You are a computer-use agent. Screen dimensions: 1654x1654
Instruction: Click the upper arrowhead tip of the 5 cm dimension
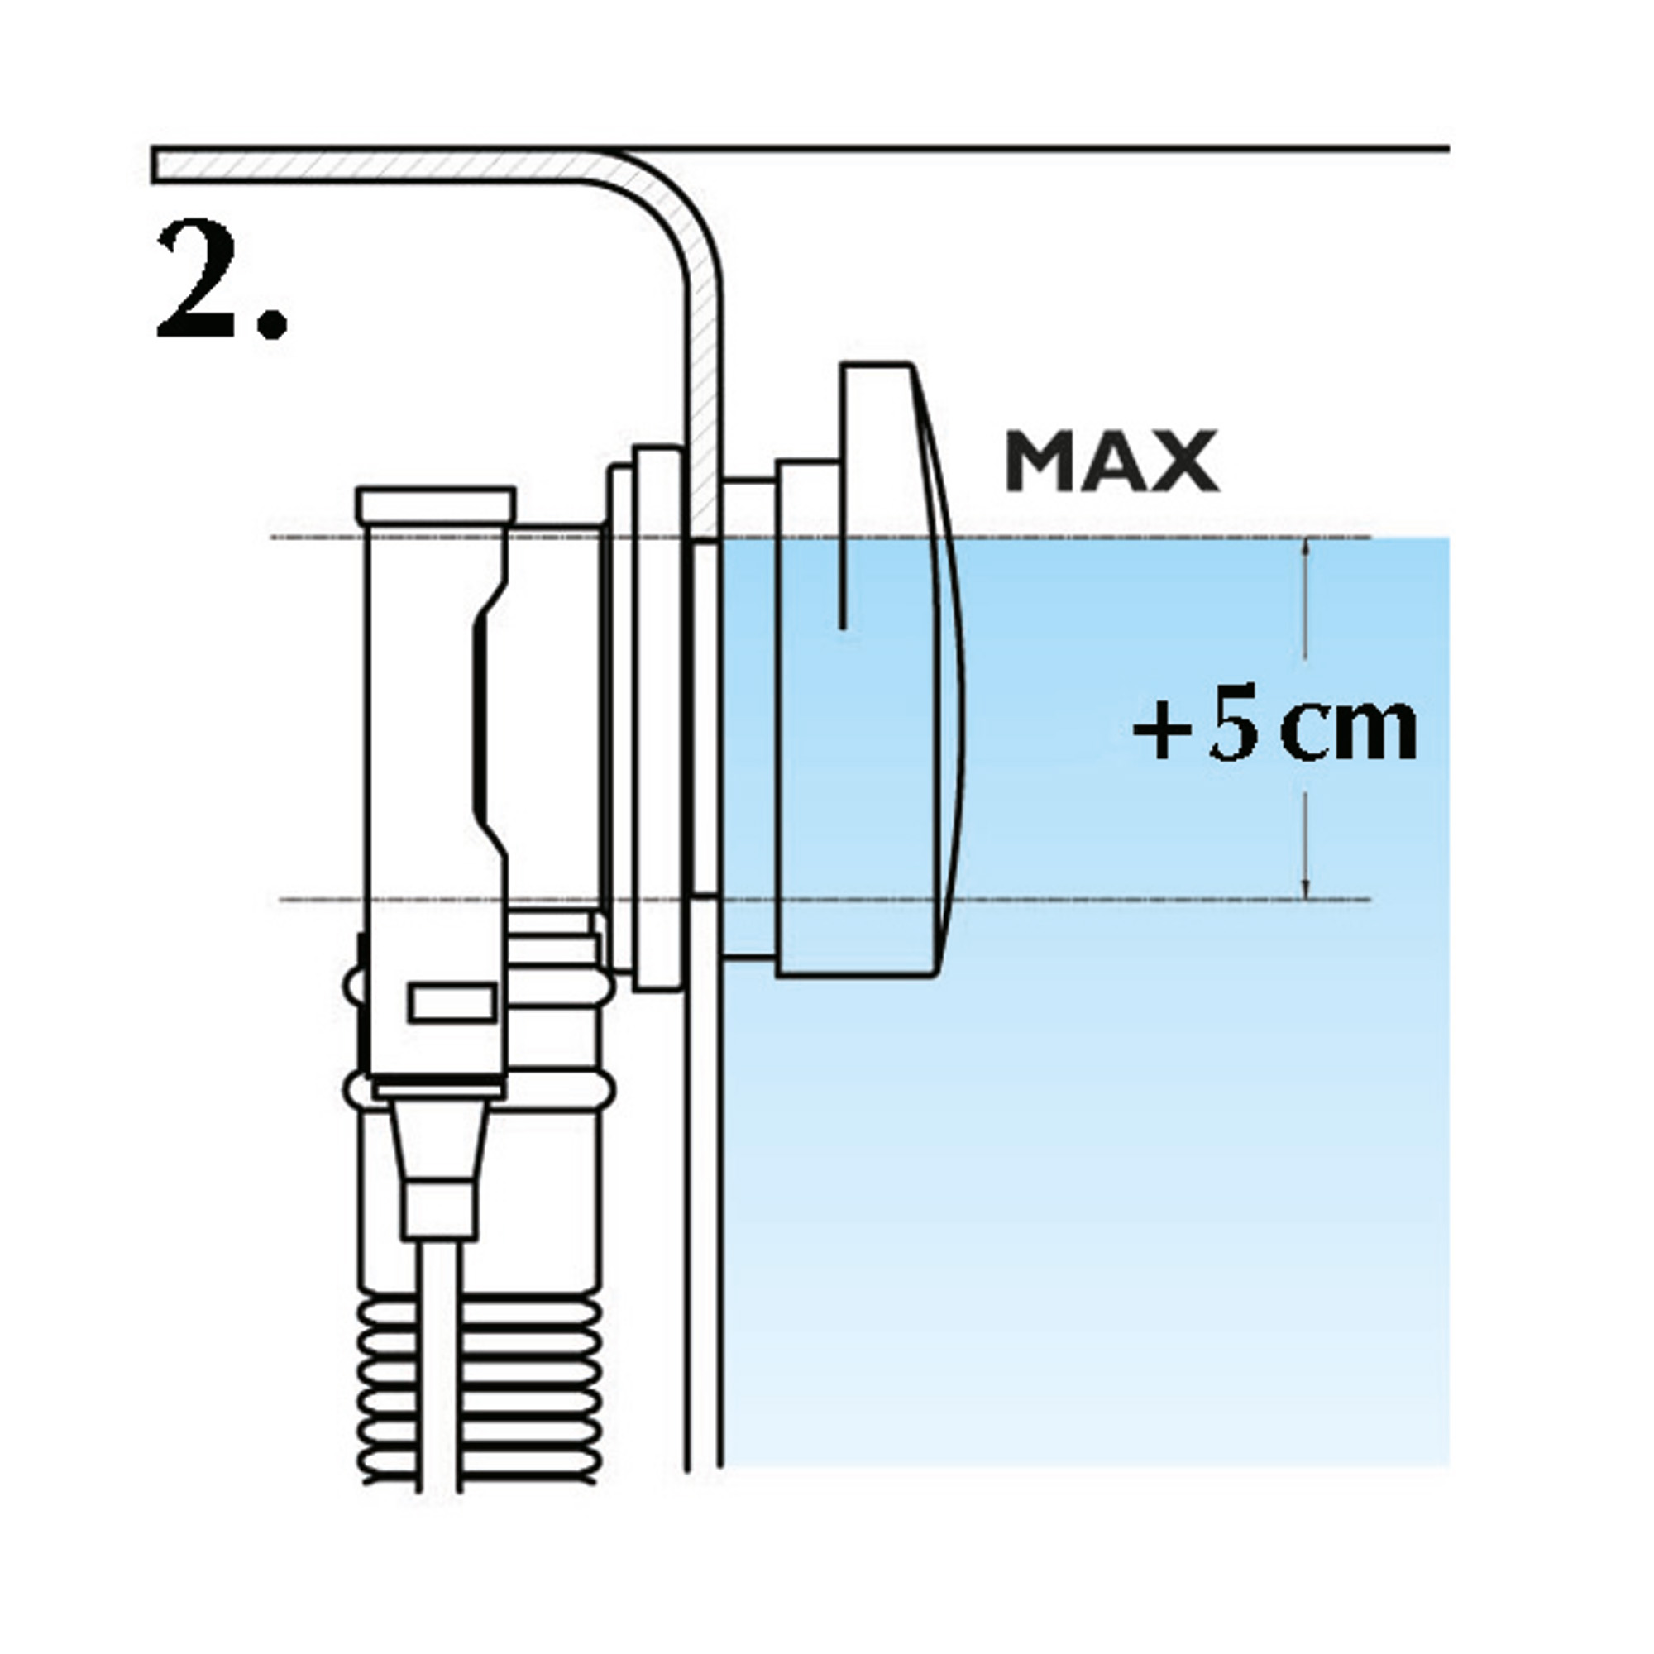1305,539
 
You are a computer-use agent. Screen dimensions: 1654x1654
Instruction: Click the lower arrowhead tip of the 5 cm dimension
1305,899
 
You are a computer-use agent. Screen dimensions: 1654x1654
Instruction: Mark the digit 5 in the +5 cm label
1234,730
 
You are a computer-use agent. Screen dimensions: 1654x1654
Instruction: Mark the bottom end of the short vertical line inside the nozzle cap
844,629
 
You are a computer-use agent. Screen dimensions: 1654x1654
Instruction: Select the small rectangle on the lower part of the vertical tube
453,1002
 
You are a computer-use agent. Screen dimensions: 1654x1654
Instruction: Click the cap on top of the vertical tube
437,505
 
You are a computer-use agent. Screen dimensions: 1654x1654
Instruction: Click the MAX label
1112,461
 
